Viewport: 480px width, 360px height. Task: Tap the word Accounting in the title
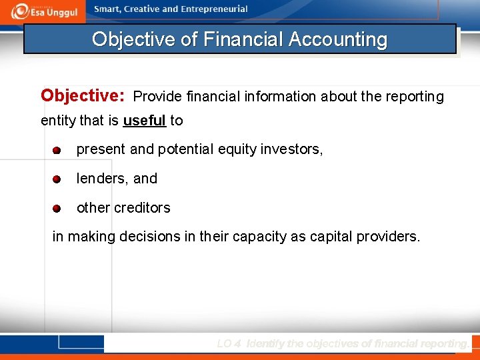[338, 39]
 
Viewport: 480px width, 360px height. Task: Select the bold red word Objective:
[83, 95]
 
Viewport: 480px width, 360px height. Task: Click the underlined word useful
[144, 121]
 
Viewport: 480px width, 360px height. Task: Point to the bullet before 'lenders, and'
[57, 179]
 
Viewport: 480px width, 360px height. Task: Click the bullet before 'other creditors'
[57, 209]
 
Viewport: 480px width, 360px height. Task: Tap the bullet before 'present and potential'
[57, 150]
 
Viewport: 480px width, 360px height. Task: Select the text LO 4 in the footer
[229, 344]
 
